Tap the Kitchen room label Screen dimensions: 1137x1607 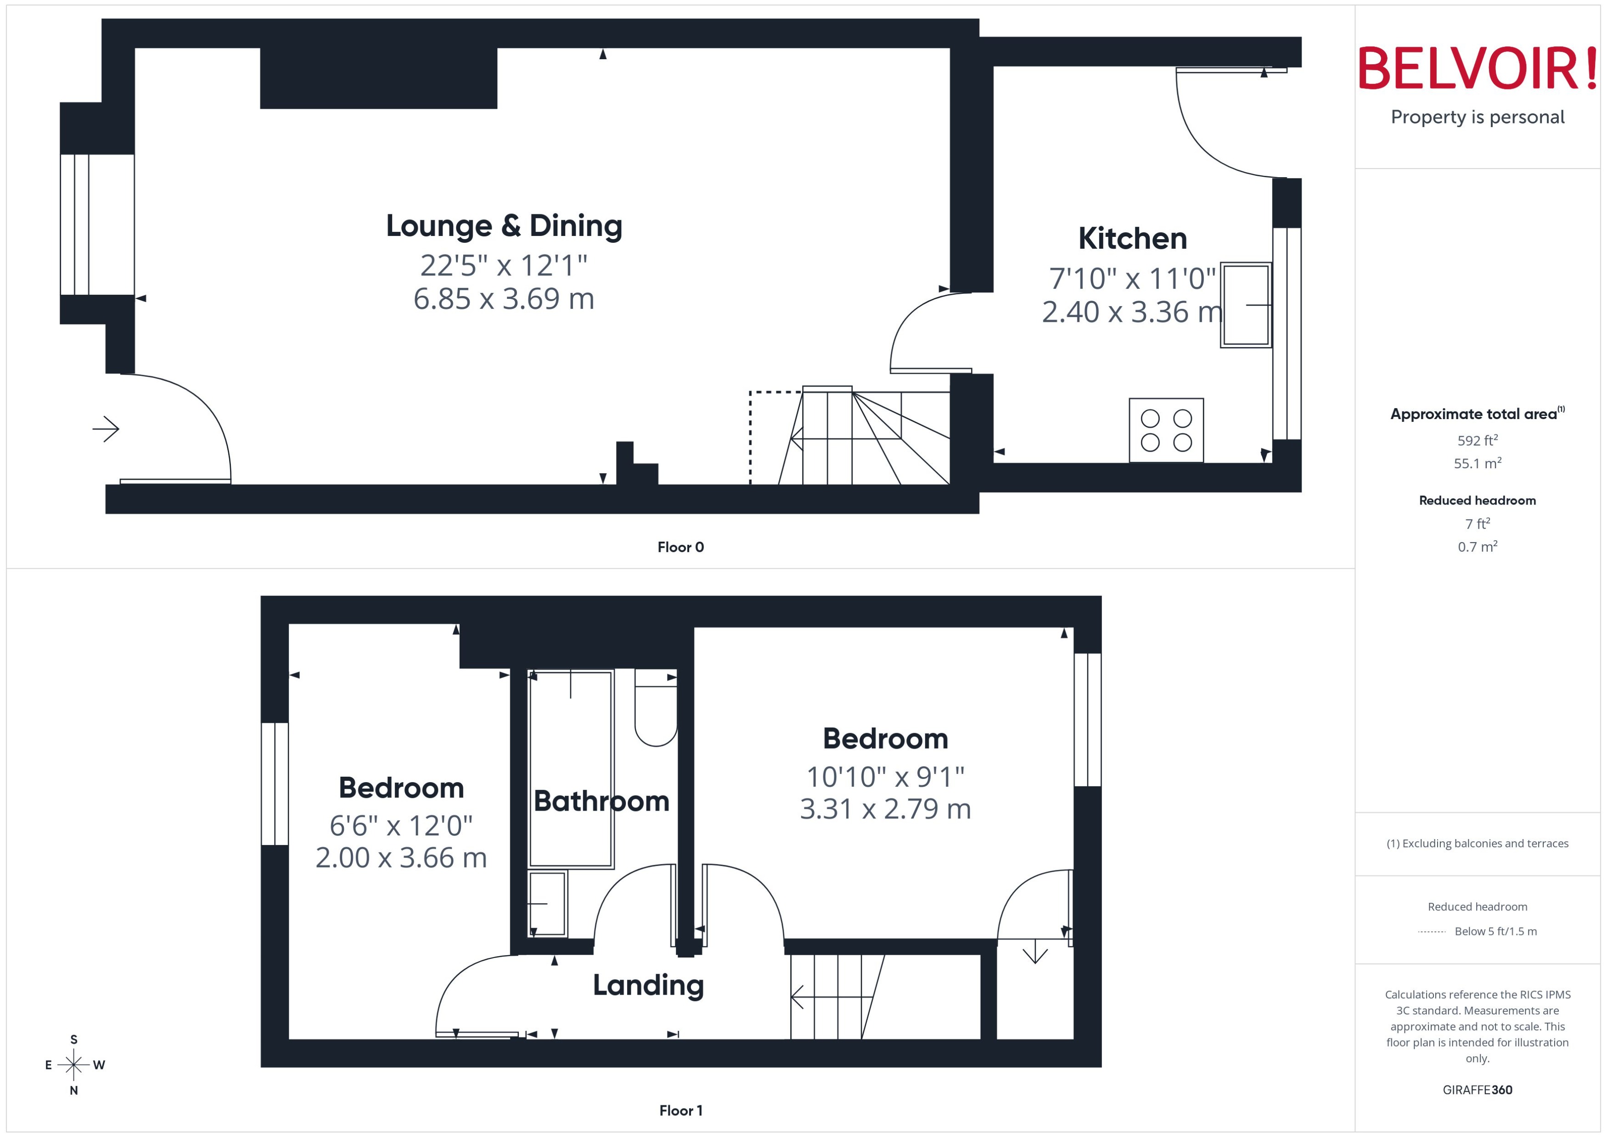(1132, 239)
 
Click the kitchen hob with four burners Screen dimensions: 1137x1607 (1166, 430)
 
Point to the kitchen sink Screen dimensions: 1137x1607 (1246, 305)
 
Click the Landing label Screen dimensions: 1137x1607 (648, 985)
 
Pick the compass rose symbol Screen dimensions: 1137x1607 (73, 1065)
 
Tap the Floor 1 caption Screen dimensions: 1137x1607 (680, 1110)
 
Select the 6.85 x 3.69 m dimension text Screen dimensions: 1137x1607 (504, 299)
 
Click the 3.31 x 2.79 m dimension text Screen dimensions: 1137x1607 (885, 809)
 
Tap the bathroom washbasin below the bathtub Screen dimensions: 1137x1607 (547, 903)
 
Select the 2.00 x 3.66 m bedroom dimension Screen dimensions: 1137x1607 (400, 857)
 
